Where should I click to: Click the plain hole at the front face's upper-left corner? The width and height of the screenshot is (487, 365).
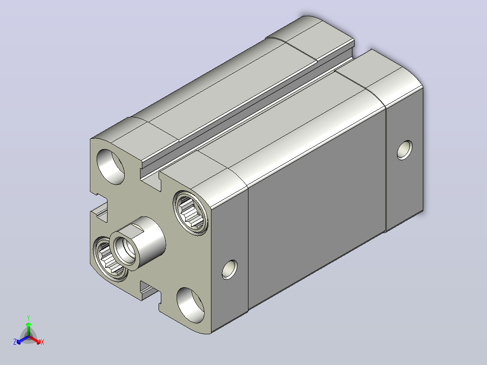click(111, 167)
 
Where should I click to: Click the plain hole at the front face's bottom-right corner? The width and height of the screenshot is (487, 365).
click(191, 305)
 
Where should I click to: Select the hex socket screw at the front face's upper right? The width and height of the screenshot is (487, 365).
click(190, 213)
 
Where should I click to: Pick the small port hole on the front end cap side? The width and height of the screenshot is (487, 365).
click(229, 269)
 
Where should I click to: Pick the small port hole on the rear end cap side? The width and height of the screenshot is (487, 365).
click(405, 150)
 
